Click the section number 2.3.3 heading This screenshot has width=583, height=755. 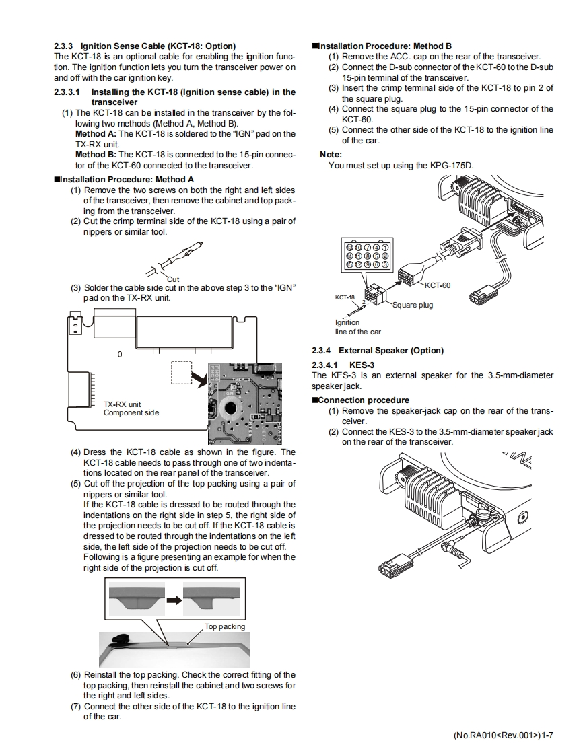[x=64, y=46]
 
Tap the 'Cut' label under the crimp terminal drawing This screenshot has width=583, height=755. [x=173, y=279]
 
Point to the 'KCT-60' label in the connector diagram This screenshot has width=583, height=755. [x=438, y=285]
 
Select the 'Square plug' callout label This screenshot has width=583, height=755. [x=413, y=305]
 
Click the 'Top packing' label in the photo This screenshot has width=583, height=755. [x=225, y=626]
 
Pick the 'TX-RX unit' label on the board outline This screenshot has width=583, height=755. [x=122, y=404]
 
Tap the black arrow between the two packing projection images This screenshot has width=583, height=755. [x=174, y=599]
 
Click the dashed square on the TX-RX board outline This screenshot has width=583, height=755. [x=181, y=372]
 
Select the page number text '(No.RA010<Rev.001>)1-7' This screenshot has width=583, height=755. [x=504, y=735]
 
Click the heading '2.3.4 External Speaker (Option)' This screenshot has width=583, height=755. [x=378, y=351]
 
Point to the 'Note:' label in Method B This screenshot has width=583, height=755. [x=331, y=155]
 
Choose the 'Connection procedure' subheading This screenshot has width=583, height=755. [x=364, y=400]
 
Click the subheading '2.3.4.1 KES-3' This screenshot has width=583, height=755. [x=343, y=365]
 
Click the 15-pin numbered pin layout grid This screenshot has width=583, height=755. [x=367, y=256]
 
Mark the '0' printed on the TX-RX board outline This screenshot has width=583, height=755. [x=120, y=354]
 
